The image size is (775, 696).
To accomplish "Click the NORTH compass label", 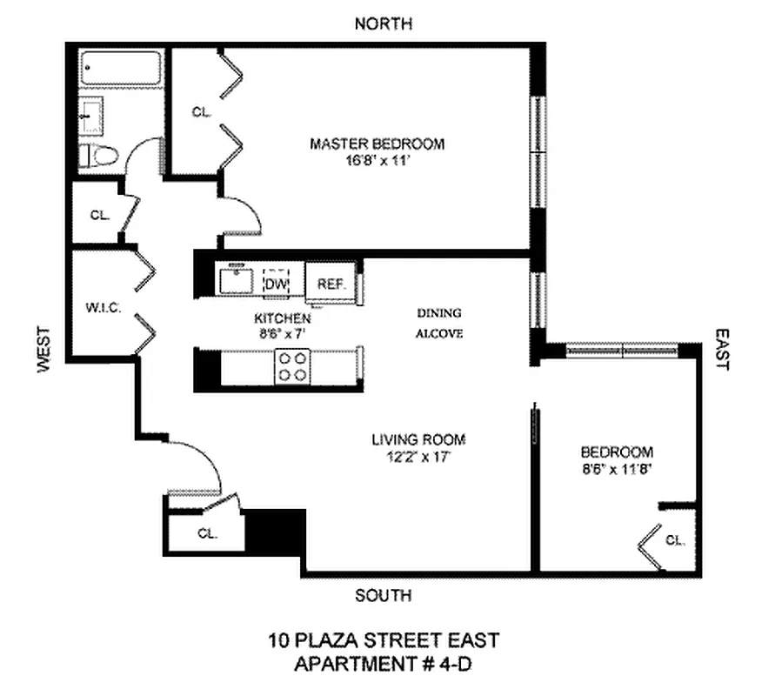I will tap(384, 23).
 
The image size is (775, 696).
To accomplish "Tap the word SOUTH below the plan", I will tap(384, 596).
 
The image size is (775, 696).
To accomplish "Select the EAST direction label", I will tap(721, 349).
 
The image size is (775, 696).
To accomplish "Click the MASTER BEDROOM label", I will tap(377, 144).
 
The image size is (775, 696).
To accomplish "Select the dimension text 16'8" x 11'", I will tap(377, 160).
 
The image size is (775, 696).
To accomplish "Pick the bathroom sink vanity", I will tap(92, 117).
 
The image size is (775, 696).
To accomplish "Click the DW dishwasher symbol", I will tap(276, 283).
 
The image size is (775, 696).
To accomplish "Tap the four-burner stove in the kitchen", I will tap(292, 366).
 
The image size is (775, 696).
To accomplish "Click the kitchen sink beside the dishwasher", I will tap(235, 282).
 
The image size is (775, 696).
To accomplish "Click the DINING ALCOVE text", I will tap(438, 323).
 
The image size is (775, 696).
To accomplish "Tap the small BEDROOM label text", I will tap(617, 452).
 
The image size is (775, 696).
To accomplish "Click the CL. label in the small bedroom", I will tap(675, 540).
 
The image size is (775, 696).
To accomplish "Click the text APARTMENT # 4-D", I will tap(384, 664).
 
